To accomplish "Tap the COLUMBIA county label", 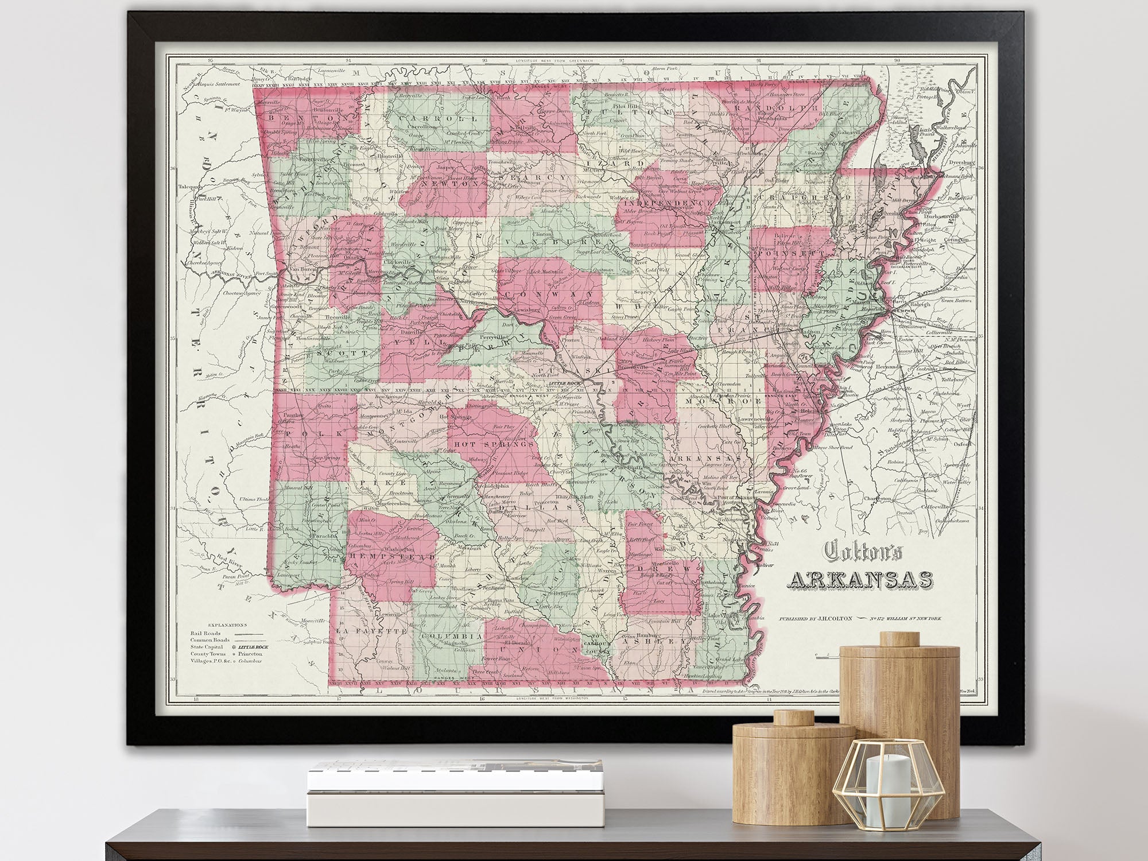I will pos(451,637).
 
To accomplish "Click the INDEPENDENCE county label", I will pos(665,203).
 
